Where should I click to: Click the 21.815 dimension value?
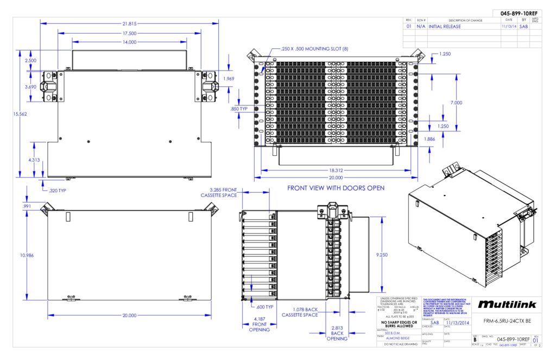(x=129, y=23)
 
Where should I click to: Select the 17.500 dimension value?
(x=129, y=33)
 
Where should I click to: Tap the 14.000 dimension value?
(x=129, y=42)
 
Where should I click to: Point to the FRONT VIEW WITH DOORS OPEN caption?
(x=336, y=188)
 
